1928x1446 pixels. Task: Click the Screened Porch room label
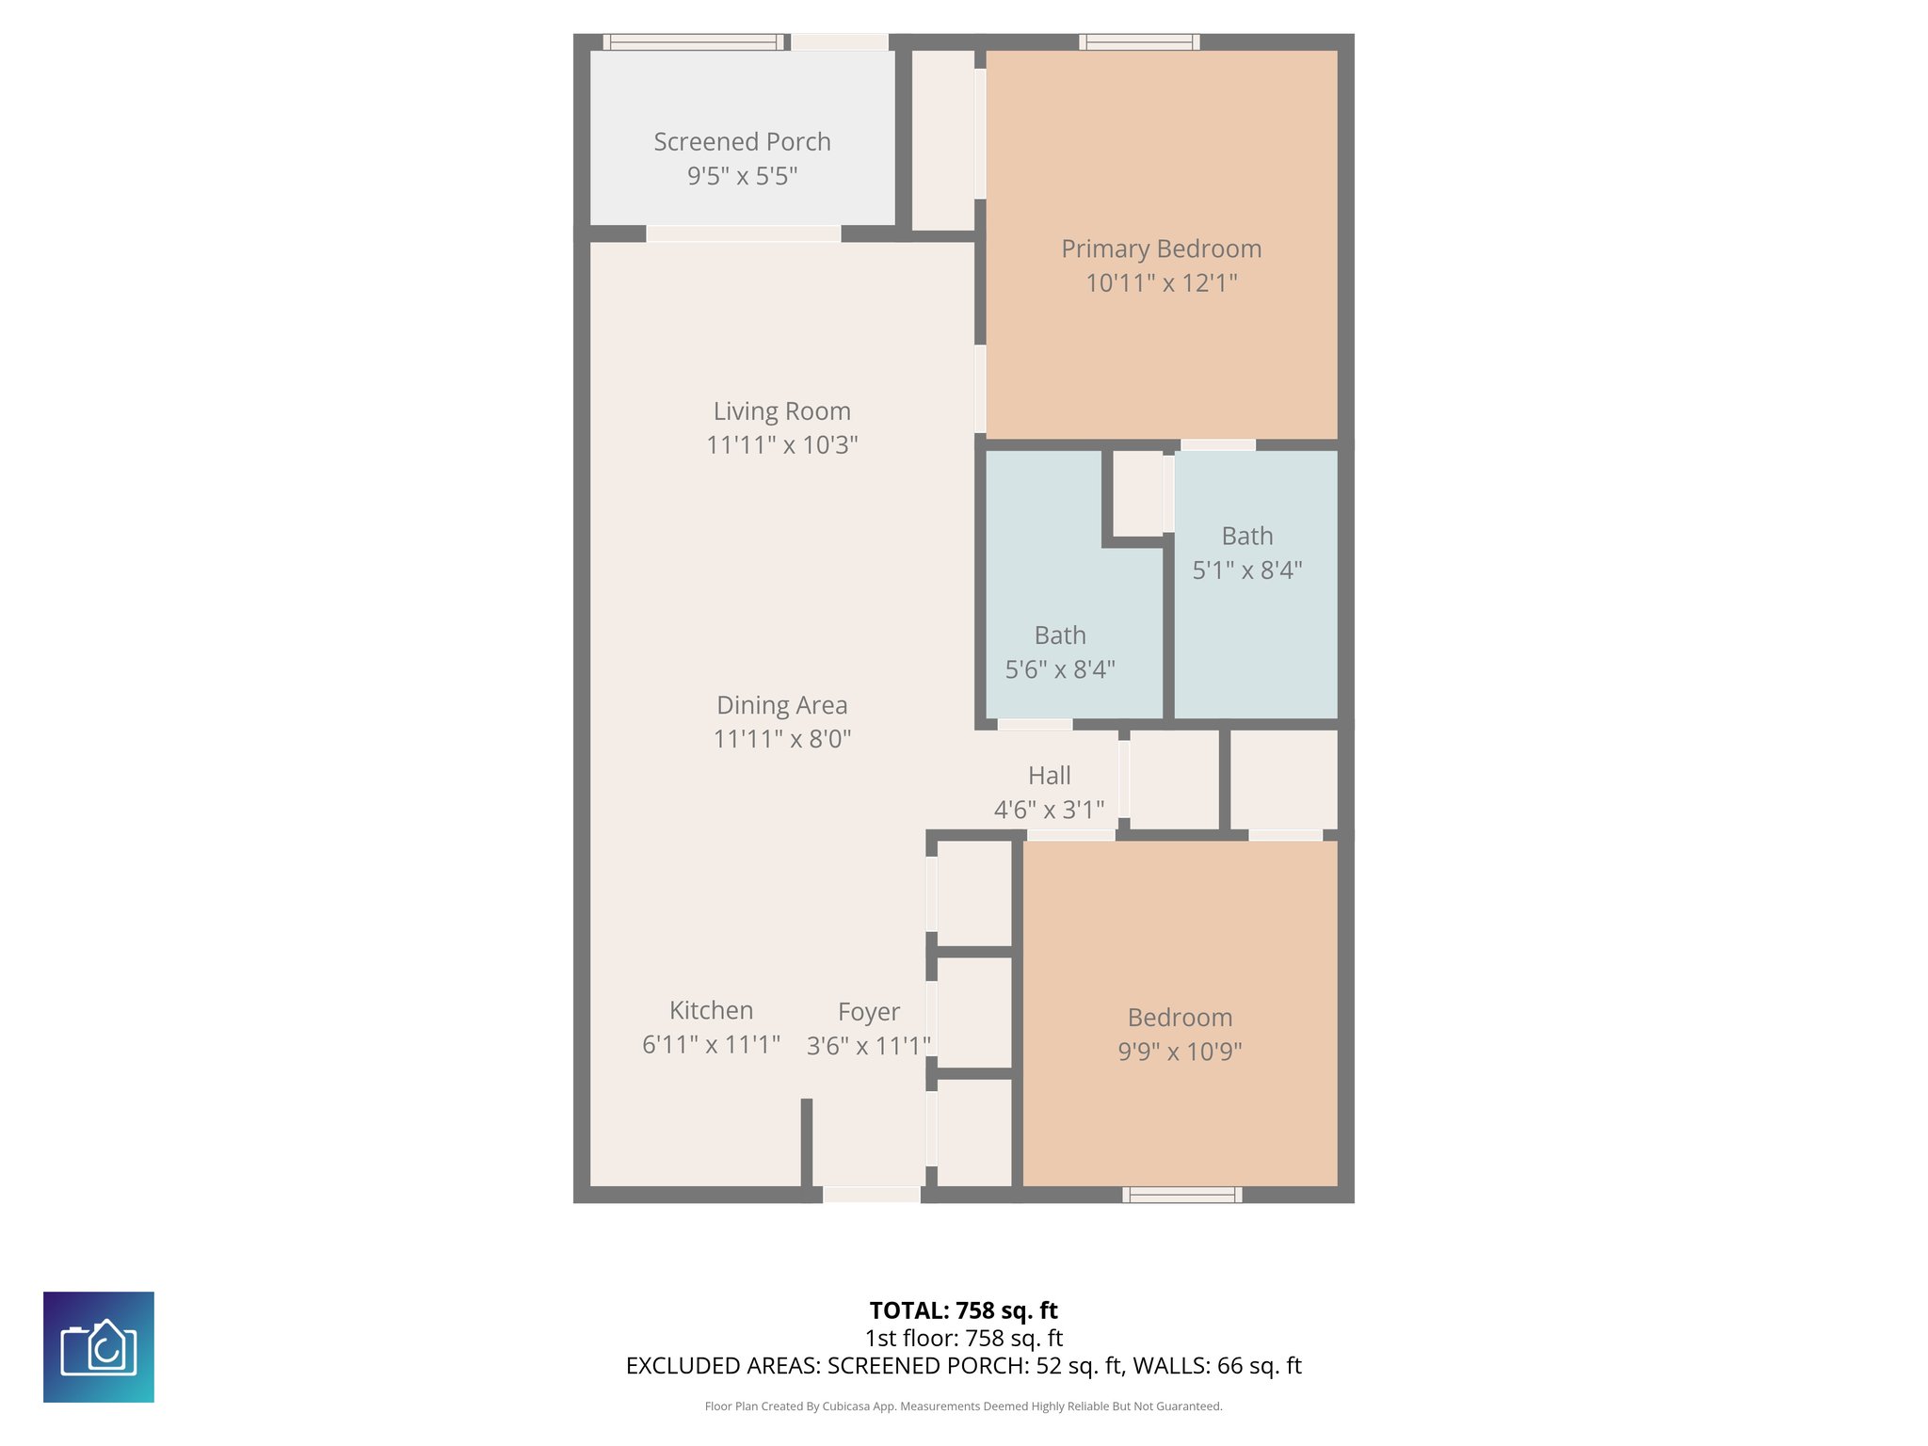tap(742, 142)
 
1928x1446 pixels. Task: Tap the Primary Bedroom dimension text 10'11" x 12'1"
tap(1161, 283)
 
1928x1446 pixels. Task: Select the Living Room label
tap(781, 411)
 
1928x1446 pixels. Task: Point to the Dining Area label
tap(781, 705)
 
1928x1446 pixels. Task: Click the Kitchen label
tap(711, 1010)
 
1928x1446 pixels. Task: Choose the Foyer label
tap(868, 1012)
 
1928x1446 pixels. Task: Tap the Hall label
tap(1049, 776)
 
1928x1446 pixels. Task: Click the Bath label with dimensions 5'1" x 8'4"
tap(1247, 537)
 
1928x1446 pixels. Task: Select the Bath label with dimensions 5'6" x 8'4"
tap(1060, 636)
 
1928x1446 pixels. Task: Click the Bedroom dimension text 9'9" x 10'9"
tap(1180, 1052)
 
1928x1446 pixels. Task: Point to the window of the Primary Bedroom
tap(1139, 41)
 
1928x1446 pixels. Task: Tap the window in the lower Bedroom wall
tap(1181, 1195)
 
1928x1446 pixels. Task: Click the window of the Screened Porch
tap(693, 41)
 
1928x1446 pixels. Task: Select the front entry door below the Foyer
tap(872, 1195)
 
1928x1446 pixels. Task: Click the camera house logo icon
tap(99, 1347)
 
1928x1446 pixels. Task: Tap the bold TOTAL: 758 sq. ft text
tap(963, 1310)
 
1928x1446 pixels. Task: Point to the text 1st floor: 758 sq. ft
tap(963, 1338)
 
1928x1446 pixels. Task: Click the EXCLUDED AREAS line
tap(963, 1366)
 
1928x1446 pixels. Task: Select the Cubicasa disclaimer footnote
tap(963, 1406)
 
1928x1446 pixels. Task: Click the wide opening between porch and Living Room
tap(744, 233)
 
